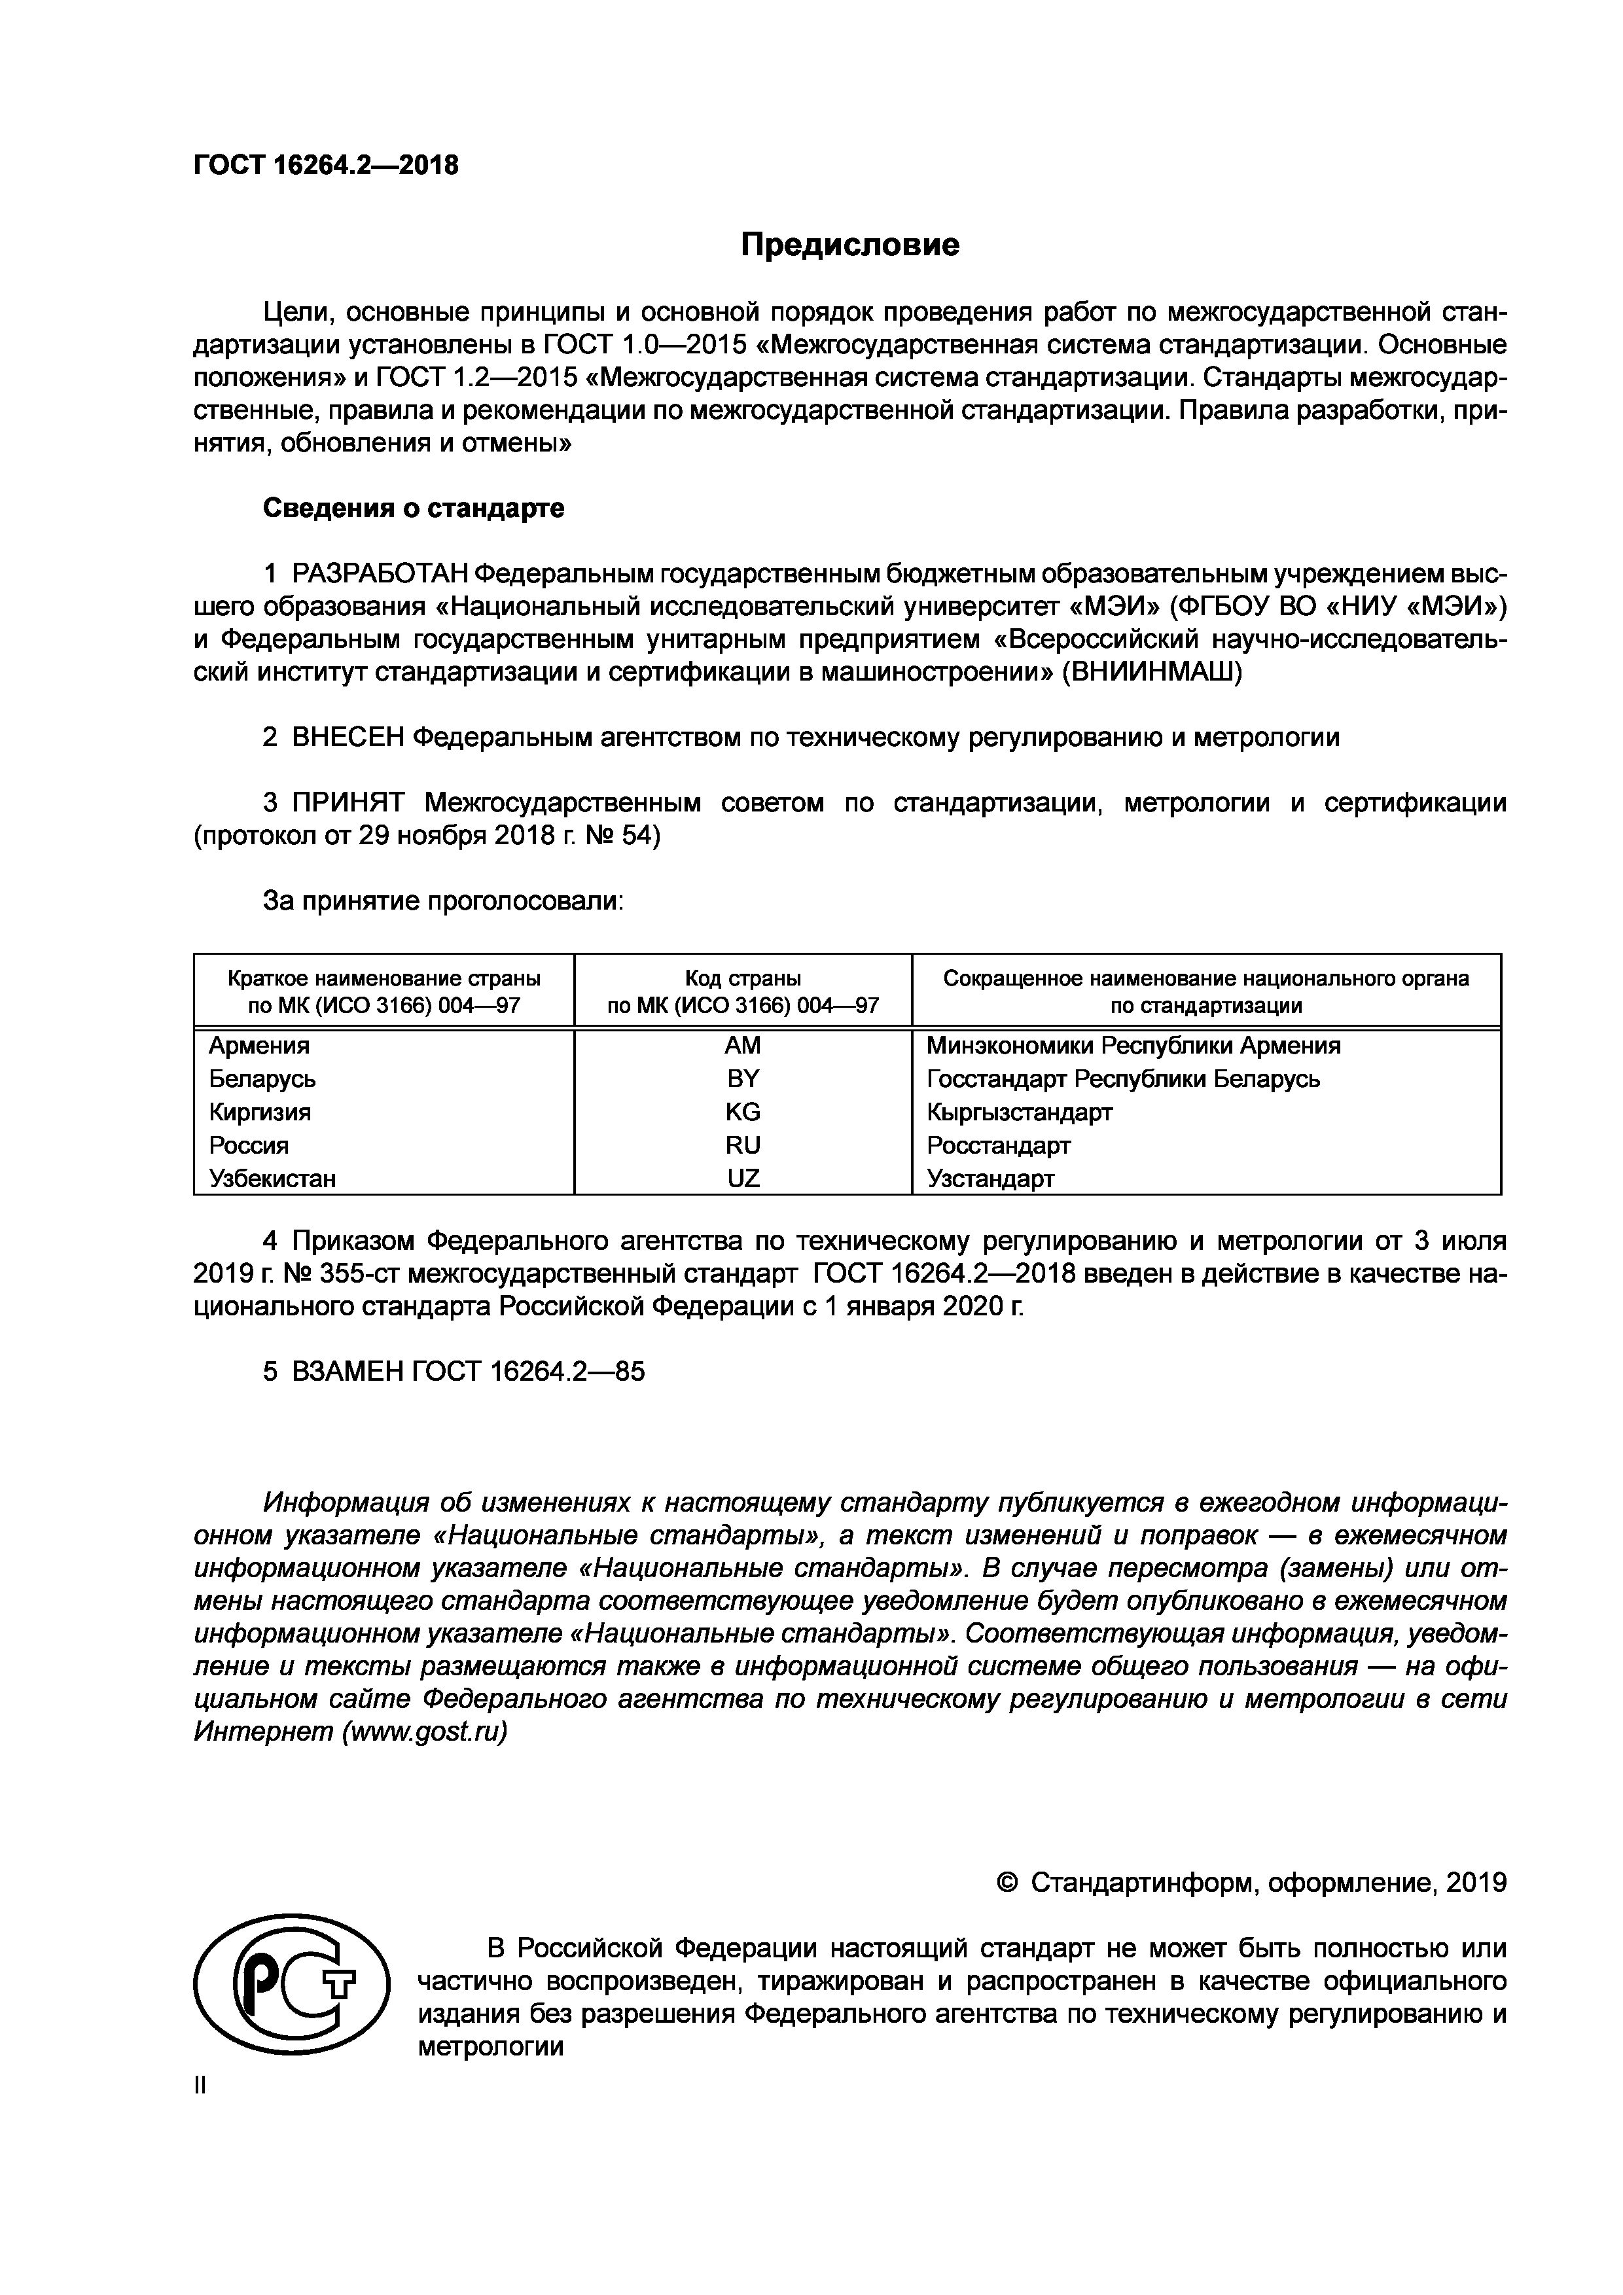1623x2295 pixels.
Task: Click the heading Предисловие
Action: [x=849, y=245]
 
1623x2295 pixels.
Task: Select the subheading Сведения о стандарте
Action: [x=413, y=508]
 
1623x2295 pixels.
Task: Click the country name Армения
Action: [x=259, y=1046]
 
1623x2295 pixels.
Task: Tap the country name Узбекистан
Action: [x=272, y=1179]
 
